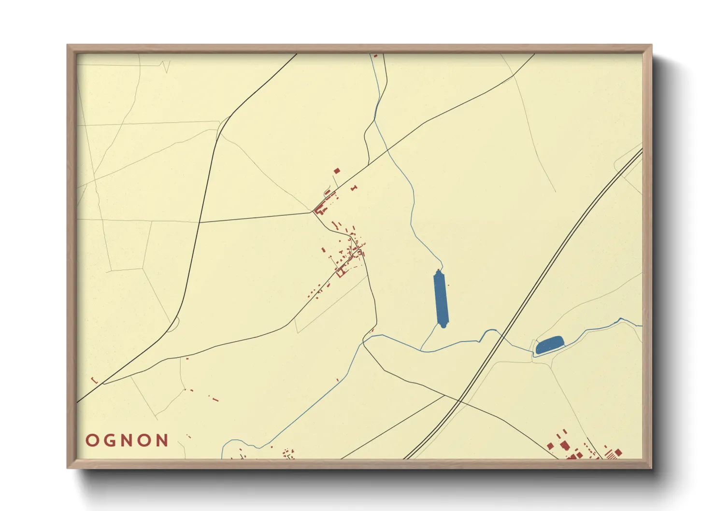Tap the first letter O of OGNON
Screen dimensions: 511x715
[92, 440]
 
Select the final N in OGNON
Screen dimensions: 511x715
[162, 440]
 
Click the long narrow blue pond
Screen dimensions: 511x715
[441, 298]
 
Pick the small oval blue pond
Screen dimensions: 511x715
[550, 345]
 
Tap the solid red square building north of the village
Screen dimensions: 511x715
[337, 170]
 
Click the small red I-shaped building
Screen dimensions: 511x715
[354, 187]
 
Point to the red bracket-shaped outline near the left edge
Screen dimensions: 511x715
[95, 381]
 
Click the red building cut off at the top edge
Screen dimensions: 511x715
[375, 56]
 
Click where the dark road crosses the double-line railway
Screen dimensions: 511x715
[459, 400]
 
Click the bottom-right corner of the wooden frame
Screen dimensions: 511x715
[651, 467]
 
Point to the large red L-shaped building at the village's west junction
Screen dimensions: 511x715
[319, 210]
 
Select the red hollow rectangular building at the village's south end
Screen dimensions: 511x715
[341, 273]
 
